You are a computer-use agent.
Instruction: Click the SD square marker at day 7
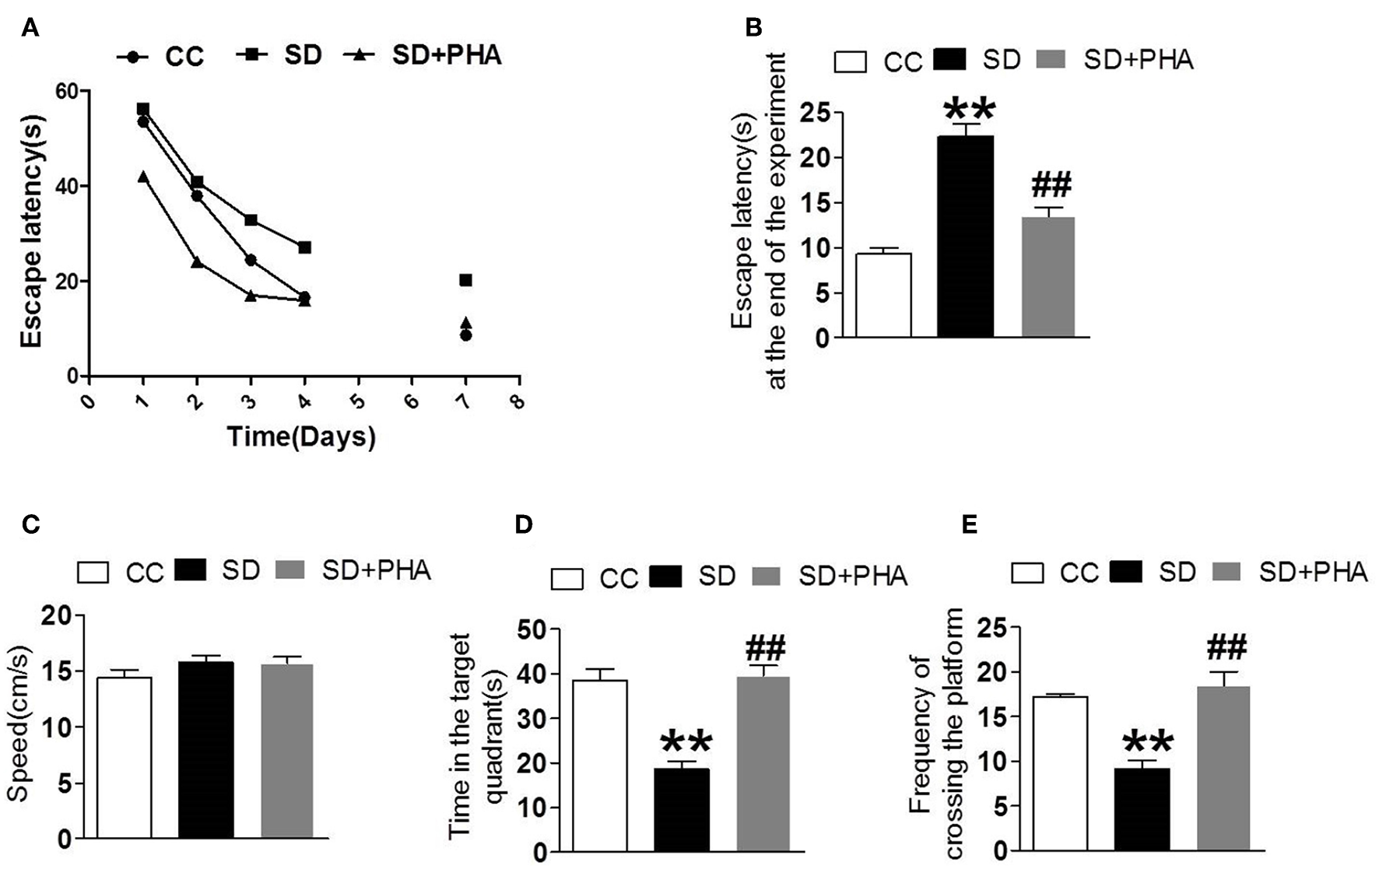(x=465, y=280)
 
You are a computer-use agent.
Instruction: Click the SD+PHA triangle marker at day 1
(x=143, y=177)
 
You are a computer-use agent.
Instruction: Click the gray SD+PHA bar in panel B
(x=1047, y=277)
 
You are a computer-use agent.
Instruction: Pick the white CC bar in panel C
(x=125, y=758)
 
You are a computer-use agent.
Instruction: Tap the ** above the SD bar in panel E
(x=1148, y=743)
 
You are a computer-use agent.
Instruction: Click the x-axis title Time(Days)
(x=301, y=436)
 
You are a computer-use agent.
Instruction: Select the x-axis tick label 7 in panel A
(x=465, y=401)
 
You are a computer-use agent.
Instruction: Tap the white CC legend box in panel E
(x=1027, y=574)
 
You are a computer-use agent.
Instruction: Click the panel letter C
(x=31, y=524)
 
